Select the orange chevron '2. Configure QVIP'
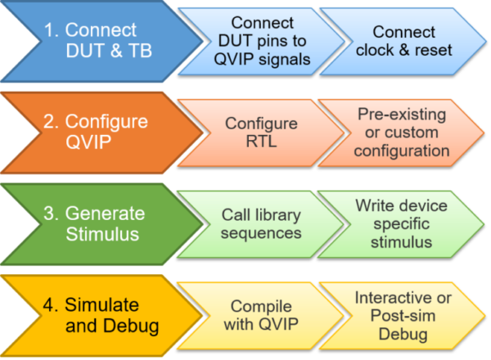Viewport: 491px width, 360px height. point(98,133)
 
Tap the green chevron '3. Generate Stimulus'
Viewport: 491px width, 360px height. point(98,224)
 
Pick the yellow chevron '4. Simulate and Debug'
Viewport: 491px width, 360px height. point(98,316)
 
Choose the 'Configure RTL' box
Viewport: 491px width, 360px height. point(262,133)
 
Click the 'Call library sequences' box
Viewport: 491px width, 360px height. point(262,224)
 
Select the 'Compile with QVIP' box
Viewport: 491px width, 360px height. point(262,316)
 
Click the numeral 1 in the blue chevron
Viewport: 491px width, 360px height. point(48,31)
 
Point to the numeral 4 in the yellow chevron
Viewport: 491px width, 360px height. point(47,305)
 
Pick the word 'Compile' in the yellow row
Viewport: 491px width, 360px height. point(262,306)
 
